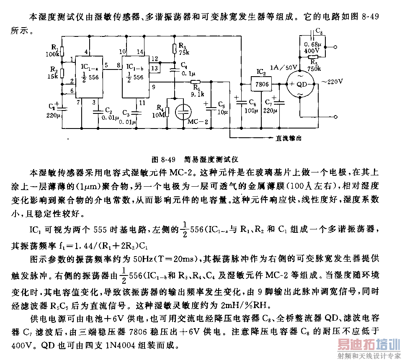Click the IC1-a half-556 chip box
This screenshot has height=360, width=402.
click(89, 77)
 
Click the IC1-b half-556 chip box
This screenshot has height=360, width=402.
click(135, 77)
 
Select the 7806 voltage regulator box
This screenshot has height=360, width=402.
click(261, 84)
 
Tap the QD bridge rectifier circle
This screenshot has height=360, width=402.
click(300, 84)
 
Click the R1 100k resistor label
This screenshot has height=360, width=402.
click(53, 51)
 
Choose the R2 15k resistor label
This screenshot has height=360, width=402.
click(53, 72)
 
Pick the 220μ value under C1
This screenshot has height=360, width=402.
click(53, 115)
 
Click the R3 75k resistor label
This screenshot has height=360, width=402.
click(184, 49)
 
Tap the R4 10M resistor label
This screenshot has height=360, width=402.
click(159, 111)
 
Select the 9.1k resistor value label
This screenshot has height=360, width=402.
click(197, 94)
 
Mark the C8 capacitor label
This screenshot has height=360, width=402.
click(319, 31)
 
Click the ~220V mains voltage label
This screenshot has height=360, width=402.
click(332, 82)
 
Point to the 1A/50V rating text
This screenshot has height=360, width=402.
click(283, 67)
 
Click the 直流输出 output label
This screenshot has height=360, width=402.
click(289, 139)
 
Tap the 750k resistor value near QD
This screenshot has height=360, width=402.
click(314, 68)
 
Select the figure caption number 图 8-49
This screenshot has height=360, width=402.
click(164, 159)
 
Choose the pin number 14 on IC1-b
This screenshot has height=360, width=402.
click(140, 52)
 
